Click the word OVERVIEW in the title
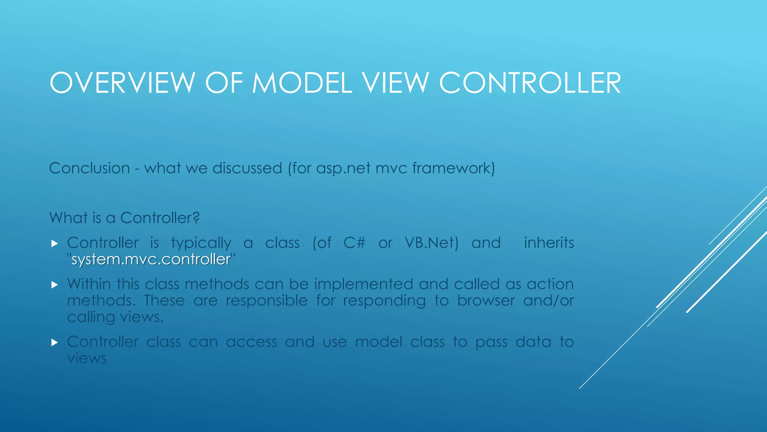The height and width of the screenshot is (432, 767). tap(122, 83)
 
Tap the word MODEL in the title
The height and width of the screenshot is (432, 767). tap(302, 83)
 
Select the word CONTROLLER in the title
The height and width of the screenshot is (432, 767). tap(530, 83)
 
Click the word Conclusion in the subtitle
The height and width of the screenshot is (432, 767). tap(90, 168)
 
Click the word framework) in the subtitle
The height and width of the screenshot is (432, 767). tap(454, 168)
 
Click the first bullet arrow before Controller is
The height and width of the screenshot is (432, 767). tap(55, 244)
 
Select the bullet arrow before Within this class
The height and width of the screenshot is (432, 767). tap(55, 285)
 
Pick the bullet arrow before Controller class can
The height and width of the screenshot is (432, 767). tap(55, 342)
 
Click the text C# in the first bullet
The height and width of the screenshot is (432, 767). tap(354, 243)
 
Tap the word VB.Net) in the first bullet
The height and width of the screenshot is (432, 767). tap(431, 243)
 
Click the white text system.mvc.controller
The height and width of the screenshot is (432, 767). tap(151, 259)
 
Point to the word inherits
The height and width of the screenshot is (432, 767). tap(549, 243)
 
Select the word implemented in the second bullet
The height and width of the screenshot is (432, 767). tap(363, 284)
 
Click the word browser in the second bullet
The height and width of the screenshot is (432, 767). tap(486, 300)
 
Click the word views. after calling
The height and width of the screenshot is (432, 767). tap(142, 317)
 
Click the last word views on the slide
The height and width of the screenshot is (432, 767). tap(87, 358)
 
